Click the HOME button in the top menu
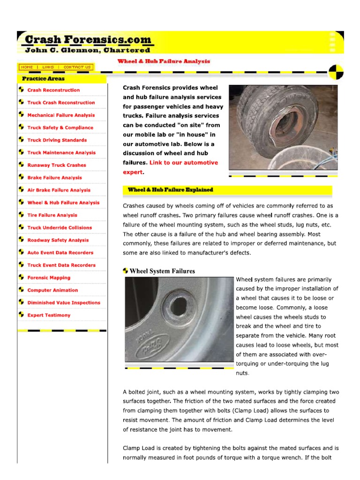(x=27, y=67)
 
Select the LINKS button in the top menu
(x=48, y=67)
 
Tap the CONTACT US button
(x=77, y=67)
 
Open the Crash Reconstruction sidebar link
(x=53, y=90)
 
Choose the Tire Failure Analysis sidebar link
(x=52, y=215)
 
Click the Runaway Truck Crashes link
(x=56, y=165)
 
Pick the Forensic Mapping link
(x=49, y=277)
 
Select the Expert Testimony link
(x=49, y=315)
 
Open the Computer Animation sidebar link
(x=52, y=290)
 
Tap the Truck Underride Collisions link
(x=60, y=228)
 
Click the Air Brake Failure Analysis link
(x=59, y=190)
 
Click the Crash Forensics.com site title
(x=88, y=40)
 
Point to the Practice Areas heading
(x=43, y=79)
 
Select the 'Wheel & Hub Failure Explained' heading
(x=170, y=190)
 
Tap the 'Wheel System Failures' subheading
(x=162, y=271)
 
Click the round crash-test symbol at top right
(x=336, y=73)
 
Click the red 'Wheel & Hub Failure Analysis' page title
(x=163, y=61)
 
